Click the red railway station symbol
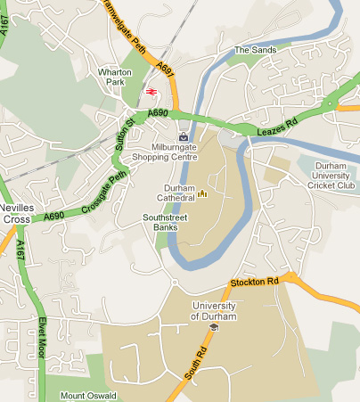pos(151,91)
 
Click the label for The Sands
pos(255,50)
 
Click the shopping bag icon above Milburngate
pos(184,136)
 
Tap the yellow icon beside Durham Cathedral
pos(202,193)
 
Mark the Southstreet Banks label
pos(163,223)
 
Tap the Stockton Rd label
pos(255,282)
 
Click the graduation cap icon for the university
pos(214,327)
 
